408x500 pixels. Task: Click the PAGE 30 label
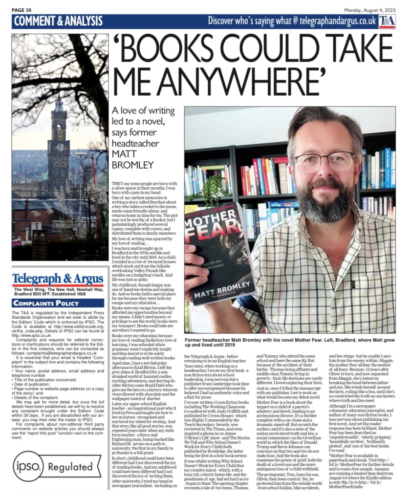click(22, 9)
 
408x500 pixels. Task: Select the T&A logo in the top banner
click(387, 21)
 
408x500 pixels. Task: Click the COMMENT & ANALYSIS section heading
click(58, 21)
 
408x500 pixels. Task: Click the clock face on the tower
click(60, 147)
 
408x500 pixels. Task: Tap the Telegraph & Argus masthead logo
click(58, 279)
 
